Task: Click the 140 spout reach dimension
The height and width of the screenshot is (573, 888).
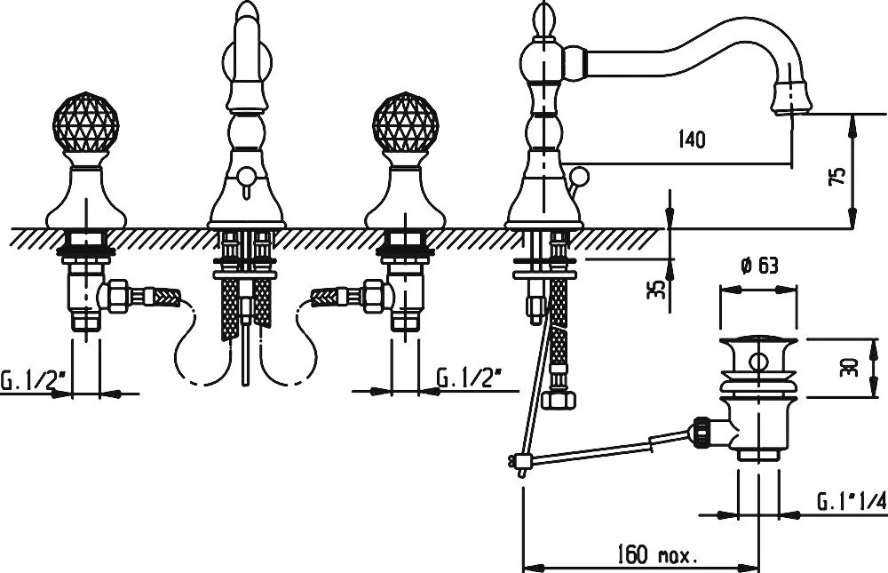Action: tap(692, 139)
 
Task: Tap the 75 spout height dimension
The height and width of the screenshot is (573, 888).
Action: tap(840, 175)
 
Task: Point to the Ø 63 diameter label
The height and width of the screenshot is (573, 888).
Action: tap(758, 266)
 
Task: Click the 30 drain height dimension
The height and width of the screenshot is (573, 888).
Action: tap(852, 367)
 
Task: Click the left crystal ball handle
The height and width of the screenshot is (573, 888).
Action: tap(85, 123)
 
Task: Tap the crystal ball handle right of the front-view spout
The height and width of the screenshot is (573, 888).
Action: tap(406, 123)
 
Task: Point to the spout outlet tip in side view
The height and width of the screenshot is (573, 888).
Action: tap(792, 99)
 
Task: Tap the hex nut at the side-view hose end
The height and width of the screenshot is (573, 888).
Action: tap(559, 400)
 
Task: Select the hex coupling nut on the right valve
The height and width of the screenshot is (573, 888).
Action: tap(377, 295)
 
